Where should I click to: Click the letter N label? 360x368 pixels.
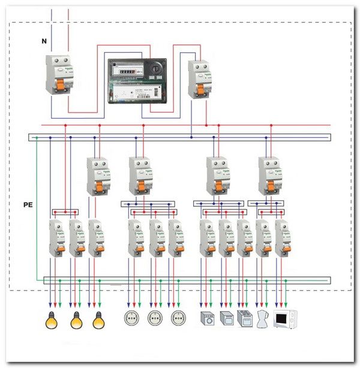pos(44,41)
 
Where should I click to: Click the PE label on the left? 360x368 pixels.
pos(28,205)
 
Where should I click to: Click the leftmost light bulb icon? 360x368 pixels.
pos(53,321)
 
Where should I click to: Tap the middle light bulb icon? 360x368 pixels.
pos(76,321)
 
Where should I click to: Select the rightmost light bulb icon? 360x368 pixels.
pos(98,321)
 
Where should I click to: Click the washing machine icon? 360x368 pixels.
pos(206,319)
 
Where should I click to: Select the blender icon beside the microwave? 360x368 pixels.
pos(262,319)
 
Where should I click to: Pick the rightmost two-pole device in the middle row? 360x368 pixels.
pos(269,176)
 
